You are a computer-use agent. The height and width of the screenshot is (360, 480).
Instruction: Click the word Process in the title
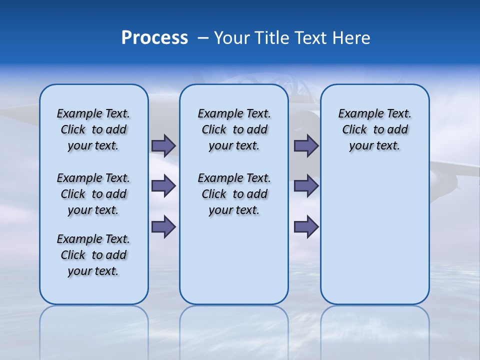pyautogui.click(x=154, y=38)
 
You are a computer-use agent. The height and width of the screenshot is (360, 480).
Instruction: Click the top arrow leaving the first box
pyautogui.click(x=163, y=145)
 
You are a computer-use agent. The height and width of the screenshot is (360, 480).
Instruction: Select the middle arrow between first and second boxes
pyautogui.click(x=163, y=186)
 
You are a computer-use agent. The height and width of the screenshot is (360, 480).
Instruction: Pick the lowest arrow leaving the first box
pyautogui.click(x=163, y=226)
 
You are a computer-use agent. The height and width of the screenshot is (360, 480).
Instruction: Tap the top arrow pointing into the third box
pyautogui.click(x=306, y=145)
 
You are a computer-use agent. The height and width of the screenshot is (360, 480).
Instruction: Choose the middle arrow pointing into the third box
pyautogui.click(x=306, y=186)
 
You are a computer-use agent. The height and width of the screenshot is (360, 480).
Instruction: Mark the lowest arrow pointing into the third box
pyautogui.click(x=306, y=226)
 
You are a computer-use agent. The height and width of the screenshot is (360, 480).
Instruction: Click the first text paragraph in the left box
pyautogui.click(x=93, y=129)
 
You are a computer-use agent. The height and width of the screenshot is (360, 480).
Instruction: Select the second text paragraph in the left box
pyautogui.click(x=93, y=194)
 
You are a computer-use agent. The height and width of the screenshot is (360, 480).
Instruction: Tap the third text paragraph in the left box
pyautogui.click(x=93, y=255)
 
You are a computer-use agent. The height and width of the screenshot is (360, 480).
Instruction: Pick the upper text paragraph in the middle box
pyautogui.click(x=234, y=129)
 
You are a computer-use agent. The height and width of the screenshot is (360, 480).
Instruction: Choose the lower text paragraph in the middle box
pyautogui.click(x=234, y=194)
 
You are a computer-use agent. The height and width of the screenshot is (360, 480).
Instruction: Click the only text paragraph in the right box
pyautogui.click(x=374, y=129)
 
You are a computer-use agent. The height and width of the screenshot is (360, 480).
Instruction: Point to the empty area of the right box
pyautogui.click(x=374, y=230)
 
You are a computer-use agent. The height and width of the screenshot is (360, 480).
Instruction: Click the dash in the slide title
pyautogui.click(x=203, y=38)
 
